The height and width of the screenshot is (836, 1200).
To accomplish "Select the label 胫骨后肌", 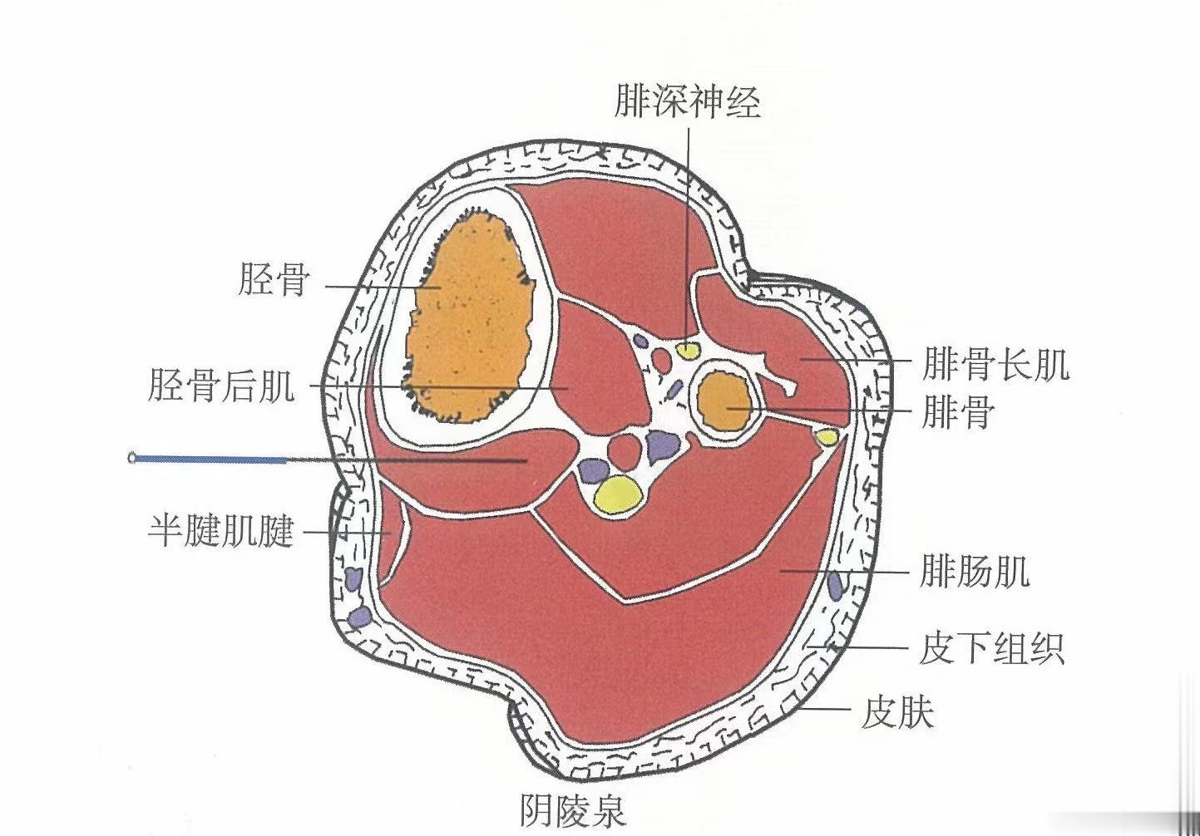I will click(x=220, y=386).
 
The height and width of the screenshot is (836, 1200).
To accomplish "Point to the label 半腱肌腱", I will click(x=220, y=530).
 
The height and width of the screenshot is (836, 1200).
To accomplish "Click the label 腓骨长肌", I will click(x=995, y=364).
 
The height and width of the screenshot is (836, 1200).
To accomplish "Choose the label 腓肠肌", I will click(x=975, y=572).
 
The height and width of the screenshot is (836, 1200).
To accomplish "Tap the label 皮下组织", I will click(x=992, y=647).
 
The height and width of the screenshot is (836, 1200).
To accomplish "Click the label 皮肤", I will click(x=898, y=712).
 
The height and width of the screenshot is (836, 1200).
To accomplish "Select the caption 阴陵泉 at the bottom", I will click(x=573, y=809).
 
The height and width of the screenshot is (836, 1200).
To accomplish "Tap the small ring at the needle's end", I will click(x=133, y=456).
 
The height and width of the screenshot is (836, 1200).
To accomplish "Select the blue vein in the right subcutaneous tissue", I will click(x=835, y=585).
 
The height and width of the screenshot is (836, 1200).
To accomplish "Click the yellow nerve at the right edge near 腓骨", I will click(x=826, y=435).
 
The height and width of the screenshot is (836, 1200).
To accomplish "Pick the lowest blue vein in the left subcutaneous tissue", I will click(x=360, y=616).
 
